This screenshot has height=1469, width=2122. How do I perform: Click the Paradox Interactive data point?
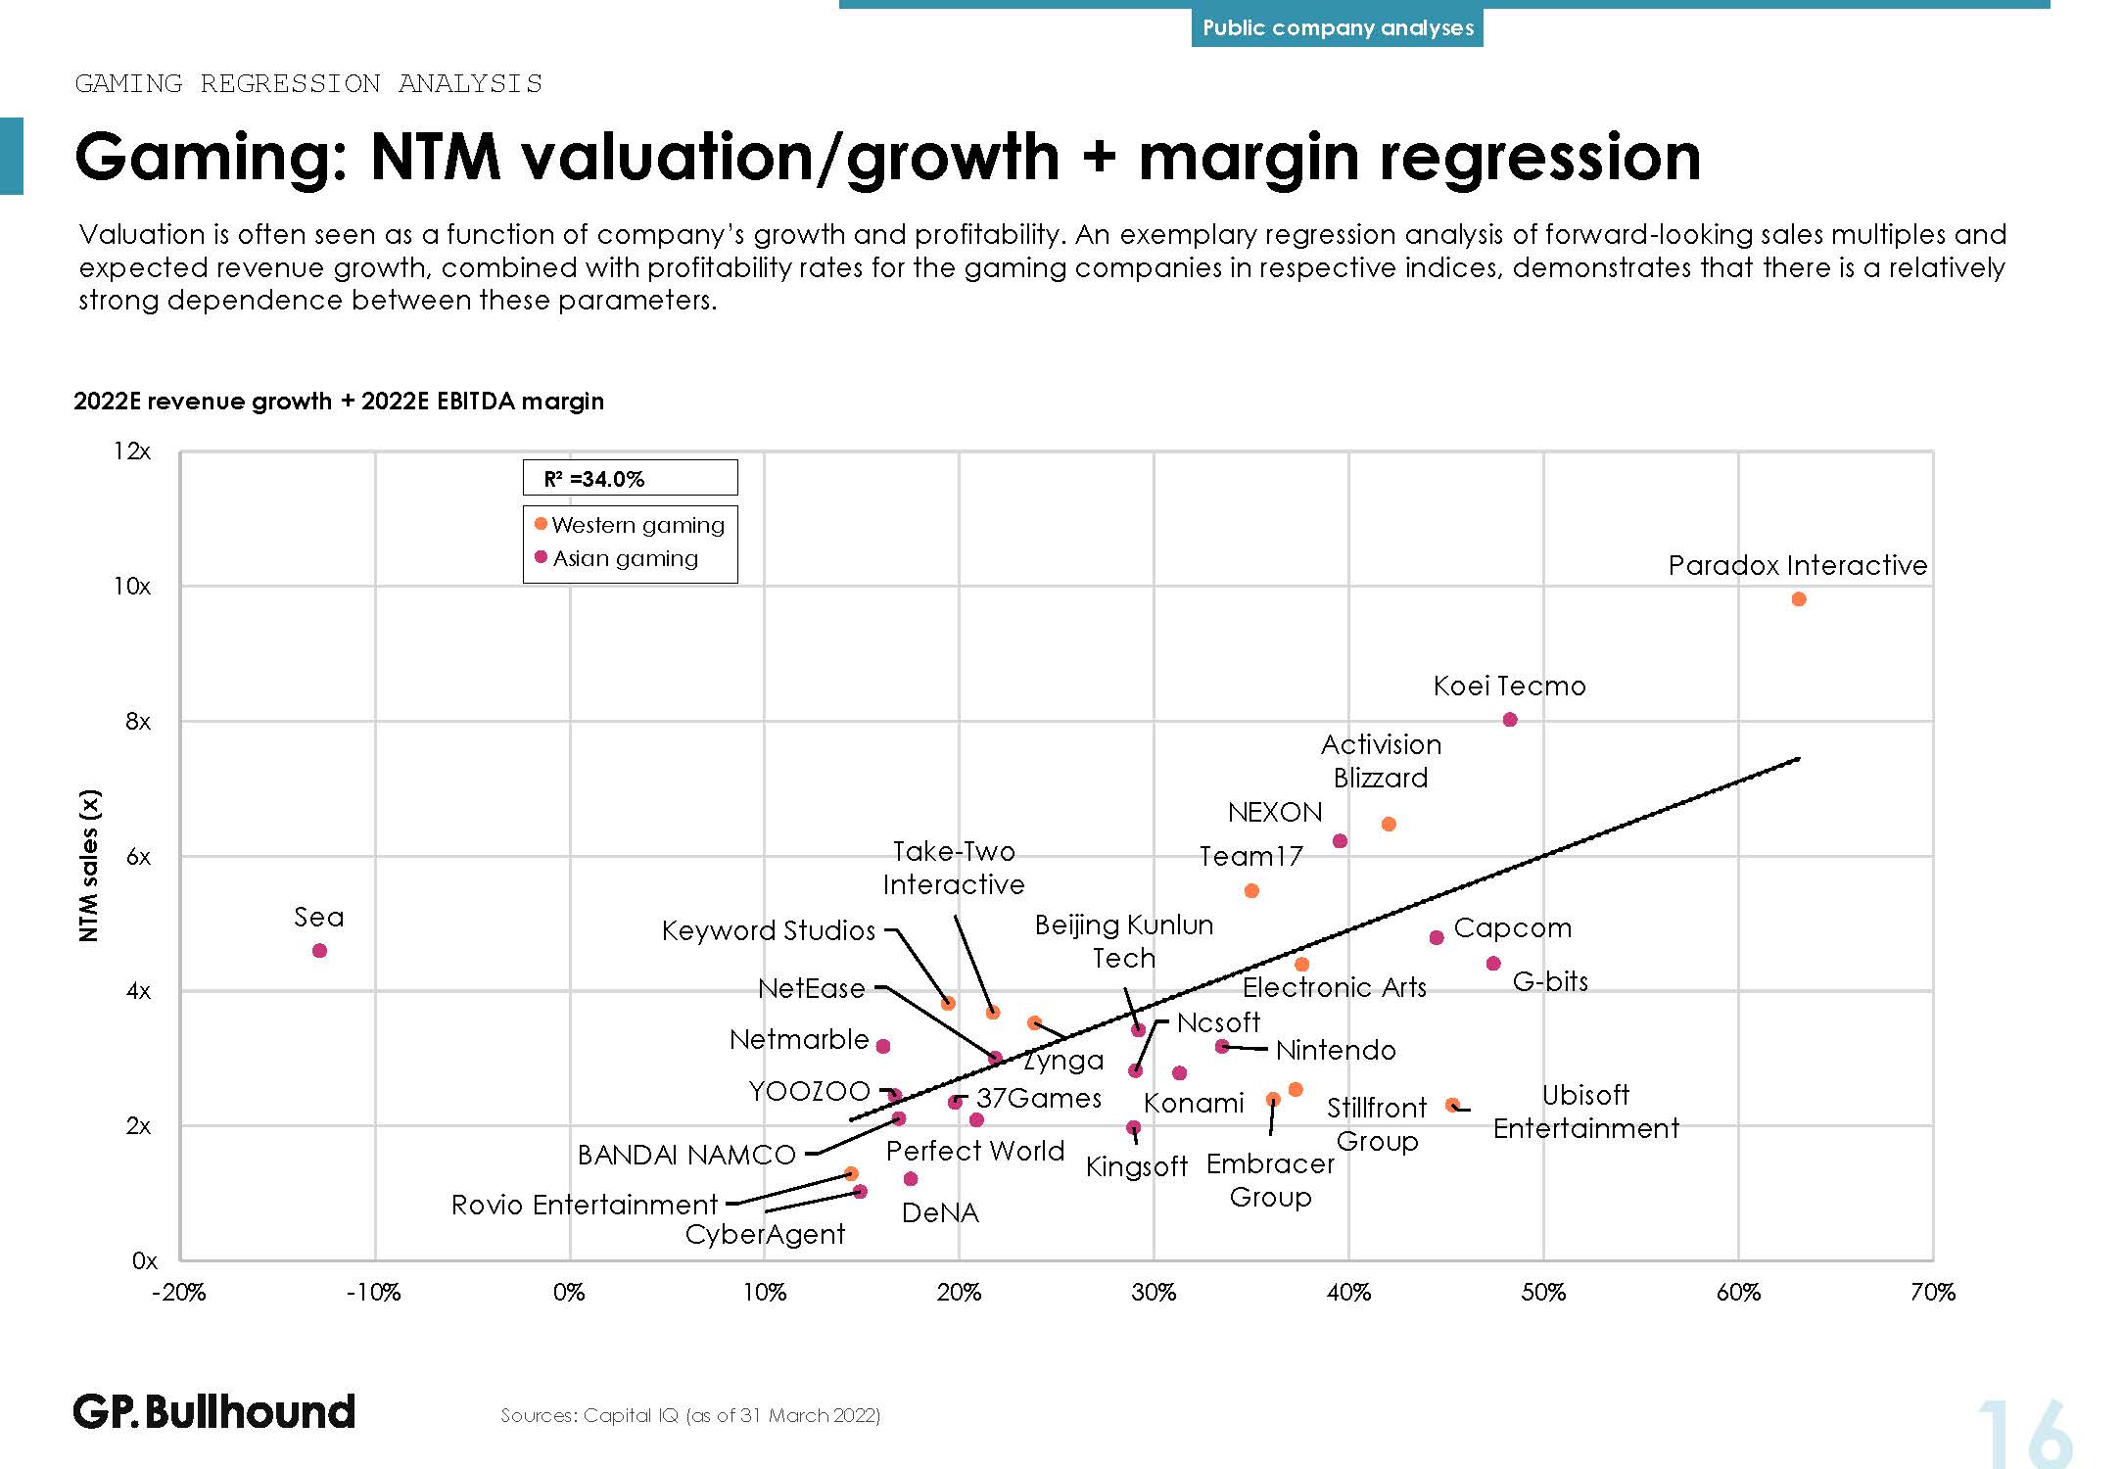pyautogui.click(x=1798, y=599)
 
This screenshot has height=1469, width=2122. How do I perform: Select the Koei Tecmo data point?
pyautogui.click(x=1510, y=720)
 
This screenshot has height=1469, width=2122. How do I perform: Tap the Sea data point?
pyautogui.click(x=319, y=951)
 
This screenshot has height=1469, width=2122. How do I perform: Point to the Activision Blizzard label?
pyautogui.click(x=1381, y=761)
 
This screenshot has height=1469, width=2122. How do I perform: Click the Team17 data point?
pyautogui.click(x=1251, y=891)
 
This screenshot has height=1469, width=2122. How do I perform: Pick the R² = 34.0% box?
pyautogui.click(x=630, y=478)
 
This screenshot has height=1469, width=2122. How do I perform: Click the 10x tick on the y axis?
pyautogui.click(x=132, y=587)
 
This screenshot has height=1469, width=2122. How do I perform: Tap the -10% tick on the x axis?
pyautogui.click(x=374, y=1293)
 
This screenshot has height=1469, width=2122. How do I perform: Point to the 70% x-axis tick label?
pyautogui.click(x=1932, y=1293)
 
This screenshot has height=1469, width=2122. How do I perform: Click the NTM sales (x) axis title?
pyautogui.click(x=89, y=865)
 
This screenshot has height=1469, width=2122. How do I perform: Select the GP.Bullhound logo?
pyautogui.click(x=214, y=1411)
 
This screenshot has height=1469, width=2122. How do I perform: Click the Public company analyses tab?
pyautogui.click(x=1337, y=27)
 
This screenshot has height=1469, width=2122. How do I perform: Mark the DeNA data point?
pyautogui.click(x=911, y=1179)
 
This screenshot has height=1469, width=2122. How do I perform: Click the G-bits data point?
pyautogui.click(x=1493, y=964)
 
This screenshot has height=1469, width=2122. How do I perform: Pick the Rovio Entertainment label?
pyautogui.click(x=585, y=1205)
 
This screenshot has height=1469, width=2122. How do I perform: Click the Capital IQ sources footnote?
pyautogui.click(x=690, y=1415)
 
